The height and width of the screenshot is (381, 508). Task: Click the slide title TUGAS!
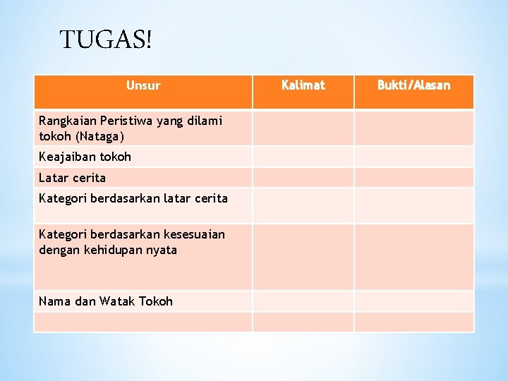pos(106,40)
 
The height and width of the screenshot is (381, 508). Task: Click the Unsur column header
pos(143,86)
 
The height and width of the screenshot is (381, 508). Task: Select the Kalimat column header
pos(303,85)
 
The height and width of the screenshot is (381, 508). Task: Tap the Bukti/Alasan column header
pos(413,85)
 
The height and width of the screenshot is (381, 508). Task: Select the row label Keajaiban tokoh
pos(85,157)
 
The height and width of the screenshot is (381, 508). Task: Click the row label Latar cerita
pos(72,178)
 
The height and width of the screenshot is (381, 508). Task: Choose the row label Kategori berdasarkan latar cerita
pos(133,198)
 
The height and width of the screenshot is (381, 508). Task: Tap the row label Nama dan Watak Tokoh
pos(106,301)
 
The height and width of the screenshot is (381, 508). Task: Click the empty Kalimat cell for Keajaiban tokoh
pos(303,157)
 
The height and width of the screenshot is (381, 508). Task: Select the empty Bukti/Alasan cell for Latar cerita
pos(413,178)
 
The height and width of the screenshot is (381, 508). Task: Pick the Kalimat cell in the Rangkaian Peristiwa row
pos(303,128)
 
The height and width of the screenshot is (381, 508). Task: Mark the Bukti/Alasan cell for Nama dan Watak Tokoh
pos(413,301)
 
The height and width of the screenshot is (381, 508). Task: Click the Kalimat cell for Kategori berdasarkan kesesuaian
pos(303,257)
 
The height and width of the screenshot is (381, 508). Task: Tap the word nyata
pos(162,250)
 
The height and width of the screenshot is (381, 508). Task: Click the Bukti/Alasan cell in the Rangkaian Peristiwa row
pos(413,128)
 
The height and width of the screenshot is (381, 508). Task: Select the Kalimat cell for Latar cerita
pos(303,178)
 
